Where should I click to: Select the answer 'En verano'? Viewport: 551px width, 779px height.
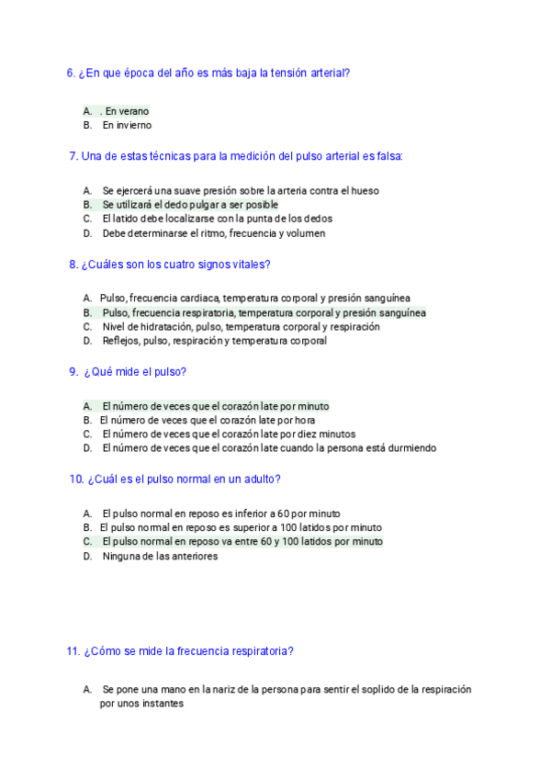click(127, 111)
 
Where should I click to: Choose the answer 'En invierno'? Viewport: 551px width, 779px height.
click(127, 125)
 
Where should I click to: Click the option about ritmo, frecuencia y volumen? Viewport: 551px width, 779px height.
click(213, 233)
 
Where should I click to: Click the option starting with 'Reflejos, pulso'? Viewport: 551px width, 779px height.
click(214, 341)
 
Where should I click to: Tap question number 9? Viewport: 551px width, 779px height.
click(73, 372)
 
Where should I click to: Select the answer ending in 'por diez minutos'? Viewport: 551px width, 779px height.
click(229, 434)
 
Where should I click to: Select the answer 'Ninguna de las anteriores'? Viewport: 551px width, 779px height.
click(160, 556)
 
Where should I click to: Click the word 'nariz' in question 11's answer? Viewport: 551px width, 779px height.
click(220, 689)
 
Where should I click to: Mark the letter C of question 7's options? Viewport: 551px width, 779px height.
click(87, 219)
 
